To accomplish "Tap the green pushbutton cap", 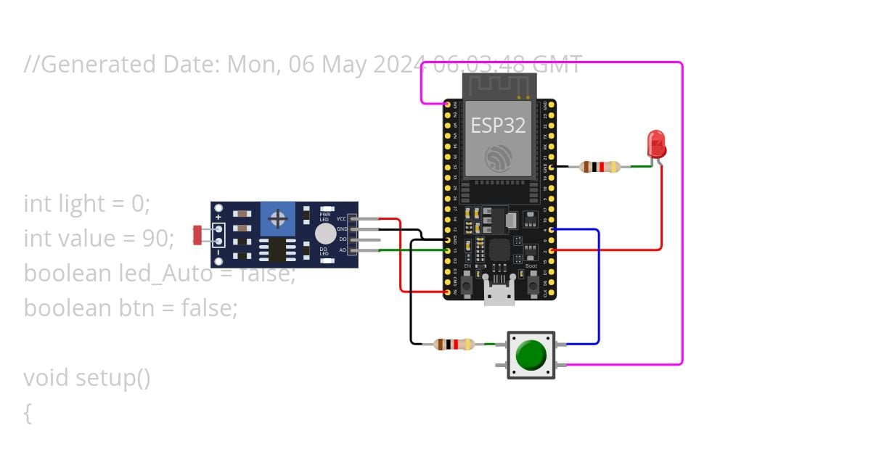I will [531, 355].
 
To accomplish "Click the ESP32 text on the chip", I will [498, 125].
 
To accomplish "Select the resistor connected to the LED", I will [600, 167].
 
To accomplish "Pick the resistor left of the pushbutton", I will [454, 344].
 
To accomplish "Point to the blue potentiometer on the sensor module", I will [277, 219].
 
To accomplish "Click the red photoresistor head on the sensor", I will [197, 234].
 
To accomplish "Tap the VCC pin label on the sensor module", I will [342, 218].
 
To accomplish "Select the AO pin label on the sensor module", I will [343, 250].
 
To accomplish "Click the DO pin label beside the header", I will [343, 239].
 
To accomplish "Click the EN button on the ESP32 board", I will [467, 284].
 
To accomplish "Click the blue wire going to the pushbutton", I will [598, 290].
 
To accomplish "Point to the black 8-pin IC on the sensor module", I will [277, 249].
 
